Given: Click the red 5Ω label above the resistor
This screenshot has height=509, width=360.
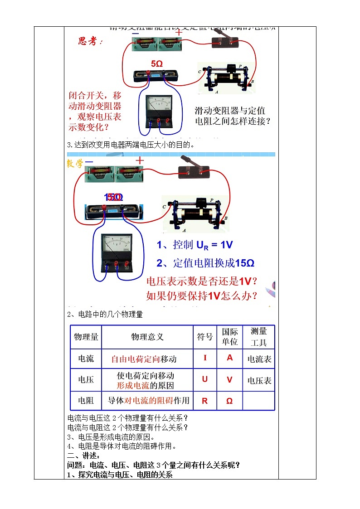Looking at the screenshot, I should (156, 64).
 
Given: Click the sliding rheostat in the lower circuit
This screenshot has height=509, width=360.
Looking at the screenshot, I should (195, 214).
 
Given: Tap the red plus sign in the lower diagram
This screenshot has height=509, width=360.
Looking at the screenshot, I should (140, 161).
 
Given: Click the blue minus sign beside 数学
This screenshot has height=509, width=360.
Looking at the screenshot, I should (89, 162).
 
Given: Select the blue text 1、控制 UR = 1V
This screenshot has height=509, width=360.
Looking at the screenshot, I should (195, 245).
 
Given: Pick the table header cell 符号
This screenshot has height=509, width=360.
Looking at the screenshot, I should (204, 337).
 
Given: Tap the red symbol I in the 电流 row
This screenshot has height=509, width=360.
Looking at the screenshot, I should (205, 358).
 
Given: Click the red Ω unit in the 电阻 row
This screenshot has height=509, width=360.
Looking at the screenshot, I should (229, 401).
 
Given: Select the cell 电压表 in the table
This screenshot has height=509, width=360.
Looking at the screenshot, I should (259, 381).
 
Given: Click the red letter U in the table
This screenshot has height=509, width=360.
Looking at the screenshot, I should (205, 379).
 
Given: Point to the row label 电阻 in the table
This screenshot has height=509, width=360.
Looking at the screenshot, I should (86, 401).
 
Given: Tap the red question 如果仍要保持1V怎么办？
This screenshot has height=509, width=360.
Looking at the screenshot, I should (202, 296).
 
